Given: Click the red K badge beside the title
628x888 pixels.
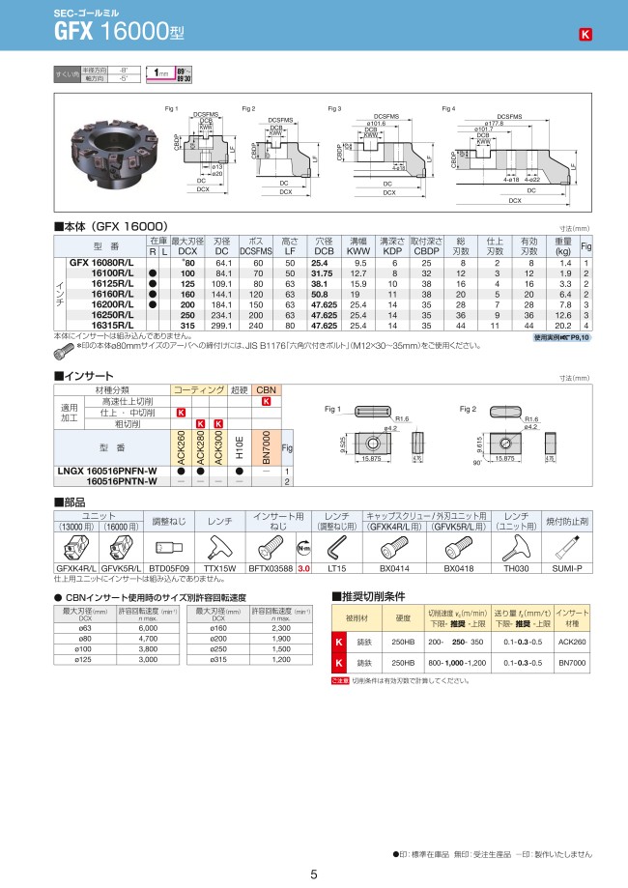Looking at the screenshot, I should [585, 36].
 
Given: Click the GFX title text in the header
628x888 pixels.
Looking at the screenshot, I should [74, 32].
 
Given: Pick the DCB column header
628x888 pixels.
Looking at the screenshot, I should [324, 250].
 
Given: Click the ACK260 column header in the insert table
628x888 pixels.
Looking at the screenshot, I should [182, 446].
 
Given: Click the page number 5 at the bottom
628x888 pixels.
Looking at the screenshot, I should [314, 874].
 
